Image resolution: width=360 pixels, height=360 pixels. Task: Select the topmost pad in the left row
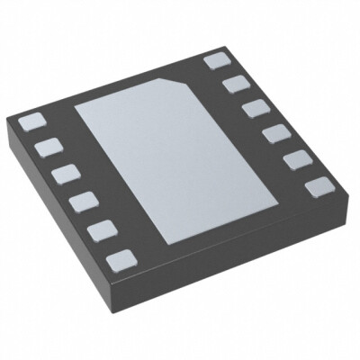tap(31, 121)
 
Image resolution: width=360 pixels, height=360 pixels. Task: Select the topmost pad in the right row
tap(216, 60)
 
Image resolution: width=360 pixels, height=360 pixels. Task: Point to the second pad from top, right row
tap(234, 84)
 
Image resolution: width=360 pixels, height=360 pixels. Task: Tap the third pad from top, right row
tap(253, 108)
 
